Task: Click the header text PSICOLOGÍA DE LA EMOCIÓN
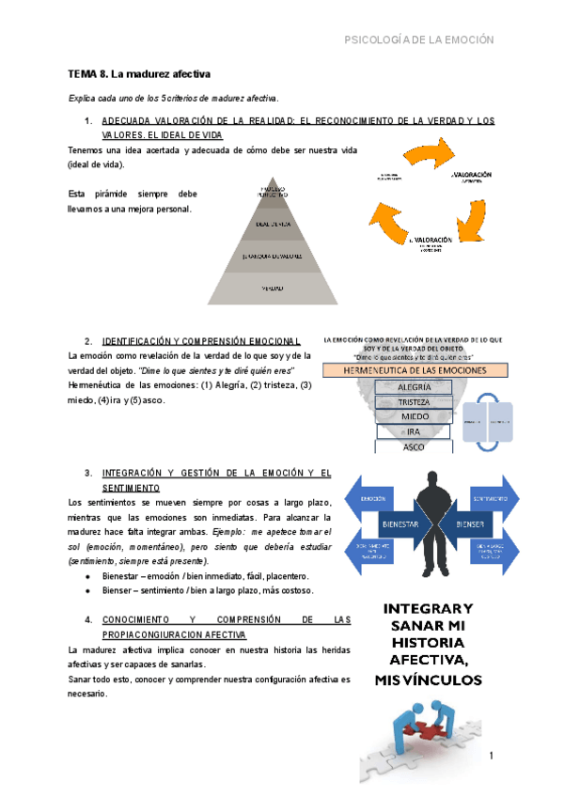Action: pos(419,40)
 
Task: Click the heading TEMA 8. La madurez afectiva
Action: pos(138,73)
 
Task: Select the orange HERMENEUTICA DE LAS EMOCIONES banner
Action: pos(415,369)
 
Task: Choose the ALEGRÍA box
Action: pos(415,387)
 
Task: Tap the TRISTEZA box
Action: pos(415,401)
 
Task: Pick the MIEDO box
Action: pos(415,416)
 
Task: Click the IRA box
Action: pos(415,431)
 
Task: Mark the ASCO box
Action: pos(415,446)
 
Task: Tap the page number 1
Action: pos(491,755)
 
